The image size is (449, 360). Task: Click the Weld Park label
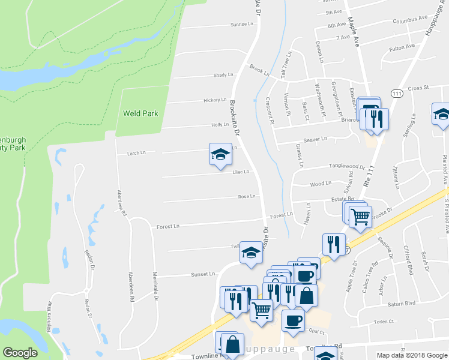pos(140,113)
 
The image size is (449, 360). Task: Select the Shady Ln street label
pos(223,75)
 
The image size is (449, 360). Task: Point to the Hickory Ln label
pos(215,100)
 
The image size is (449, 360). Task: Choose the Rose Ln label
pos(246,196)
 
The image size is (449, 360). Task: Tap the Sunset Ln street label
pos(203,274)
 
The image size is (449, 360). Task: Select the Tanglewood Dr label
pos(346,167)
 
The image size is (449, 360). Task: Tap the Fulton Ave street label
pos(402,47)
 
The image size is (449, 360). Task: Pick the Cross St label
pos(418,88)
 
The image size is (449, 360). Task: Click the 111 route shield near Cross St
pos(396,94)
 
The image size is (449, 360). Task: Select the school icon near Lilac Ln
pos(220,155)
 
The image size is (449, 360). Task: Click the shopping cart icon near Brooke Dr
pos(360,217)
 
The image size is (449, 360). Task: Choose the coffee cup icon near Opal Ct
pos(293,321)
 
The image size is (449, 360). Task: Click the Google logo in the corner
pos(20,353)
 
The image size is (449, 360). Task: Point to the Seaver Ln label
pos(315,139)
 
